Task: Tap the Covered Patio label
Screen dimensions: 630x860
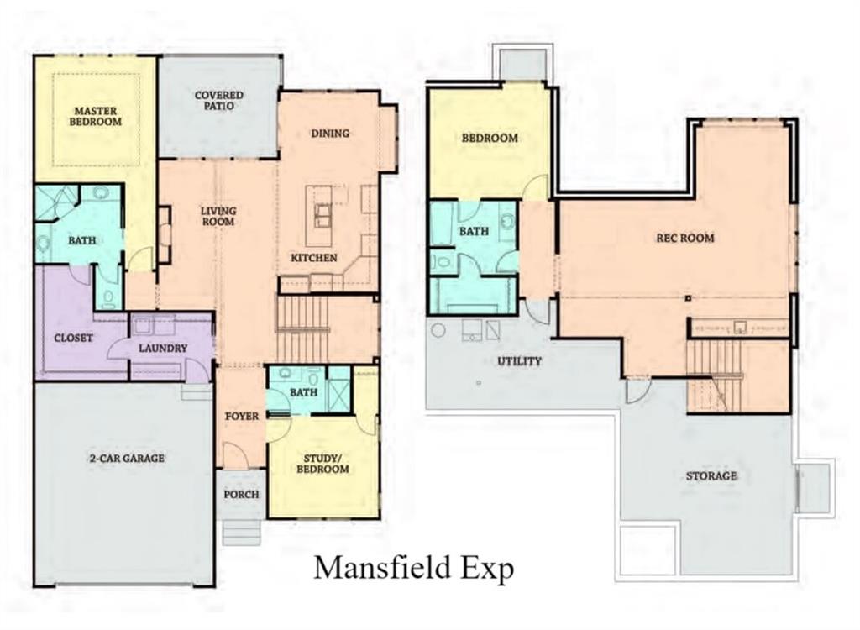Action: point(219,102)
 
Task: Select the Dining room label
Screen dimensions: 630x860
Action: point(329,134)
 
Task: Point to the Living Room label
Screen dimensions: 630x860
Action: point(218,216)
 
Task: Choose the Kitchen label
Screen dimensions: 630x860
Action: point(314,258)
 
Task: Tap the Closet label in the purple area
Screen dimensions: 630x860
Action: point(72,339)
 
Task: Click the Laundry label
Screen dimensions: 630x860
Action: point(163,349)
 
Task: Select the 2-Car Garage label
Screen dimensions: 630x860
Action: point(126,458)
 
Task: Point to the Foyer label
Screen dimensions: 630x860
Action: point(242,417)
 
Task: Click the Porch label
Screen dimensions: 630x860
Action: point(241,494)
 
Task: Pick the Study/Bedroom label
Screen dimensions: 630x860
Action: point(323,464)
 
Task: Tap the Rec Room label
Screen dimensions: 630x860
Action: point(684,238)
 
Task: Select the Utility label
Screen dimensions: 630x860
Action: point(518,361)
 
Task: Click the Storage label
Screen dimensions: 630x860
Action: point(711,475)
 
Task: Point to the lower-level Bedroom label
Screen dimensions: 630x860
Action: point(490,138)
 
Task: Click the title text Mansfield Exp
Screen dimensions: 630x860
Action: point(413,568)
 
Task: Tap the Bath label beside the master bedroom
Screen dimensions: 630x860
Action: point(81,240)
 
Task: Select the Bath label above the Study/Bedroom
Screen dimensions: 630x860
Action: point(303,392)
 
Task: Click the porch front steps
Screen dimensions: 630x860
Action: point(241,531)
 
